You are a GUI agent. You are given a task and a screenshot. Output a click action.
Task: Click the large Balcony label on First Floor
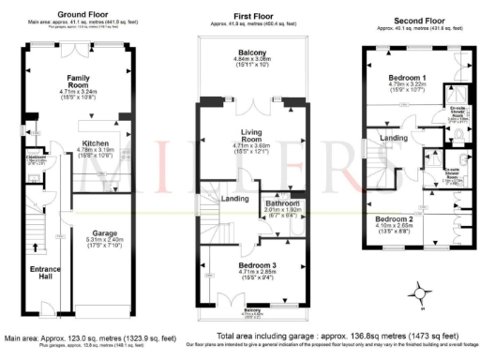pos(253,52)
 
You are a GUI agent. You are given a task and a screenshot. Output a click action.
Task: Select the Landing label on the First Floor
pos(233,198)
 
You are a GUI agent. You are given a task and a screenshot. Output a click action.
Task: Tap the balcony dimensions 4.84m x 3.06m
pos(253,60)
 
